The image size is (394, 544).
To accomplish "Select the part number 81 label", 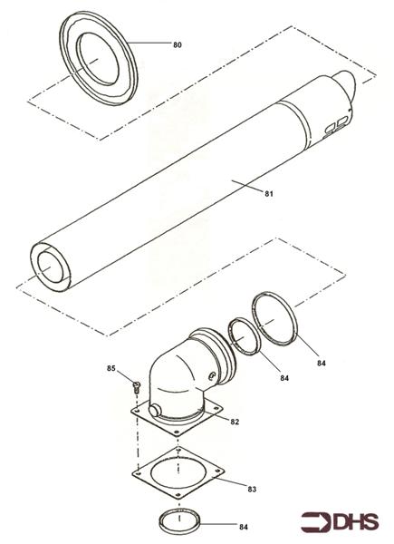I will coord(268,193).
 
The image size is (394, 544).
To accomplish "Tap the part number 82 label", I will coord(234,422).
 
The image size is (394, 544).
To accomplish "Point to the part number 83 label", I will coord(252,489).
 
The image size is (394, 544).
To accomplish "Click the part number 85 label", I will coord(111,369).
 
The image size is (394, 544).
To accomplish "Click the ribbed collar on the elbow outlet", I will coord(220,348).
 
